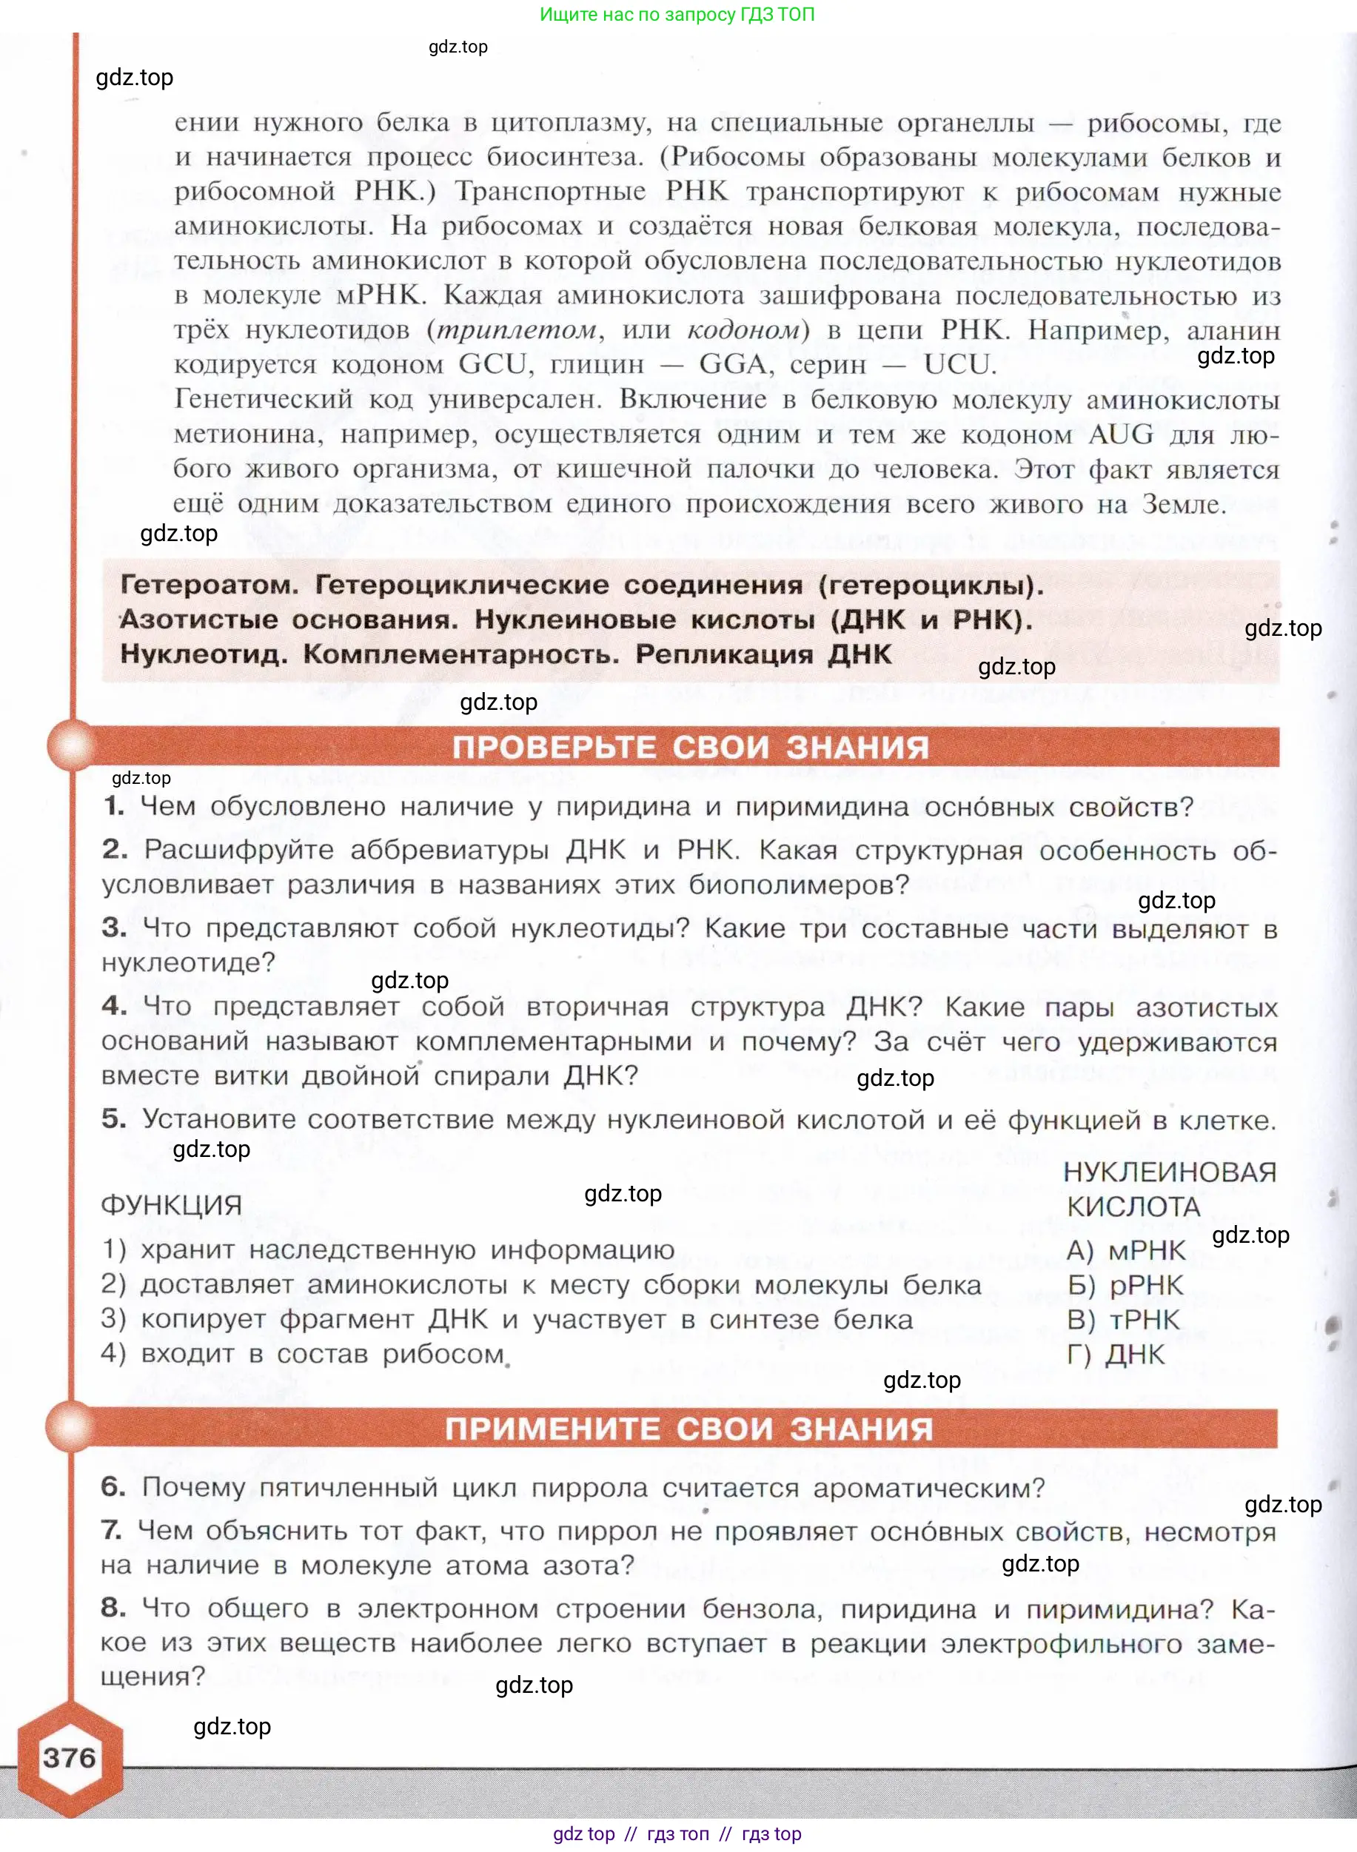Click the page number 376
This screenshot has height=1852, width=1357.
click(69, 1757)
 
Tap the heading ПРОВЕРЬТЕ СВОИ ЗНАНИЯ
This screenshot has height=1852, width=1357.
click(690, 748)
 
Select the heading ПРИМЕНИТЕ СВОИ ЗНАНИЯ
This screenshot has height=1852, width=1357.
click(688, 1429)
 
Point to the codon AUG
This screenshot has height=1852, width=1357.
click(1120, 434)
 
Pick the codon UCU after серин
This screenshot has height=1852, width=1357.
click(959, 364)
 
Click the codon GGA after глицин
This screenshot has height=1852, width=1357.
click(734, 364)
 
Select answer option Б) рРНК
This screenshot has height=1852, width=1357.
click(1125, 1284)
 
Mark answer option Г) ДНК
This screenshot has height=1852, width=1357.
click(1116, 1355)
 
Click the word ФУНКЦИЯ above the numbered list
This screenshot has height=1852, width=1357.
click(171, 1205)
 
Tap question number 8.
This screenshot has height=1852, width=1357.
click(113, 1607)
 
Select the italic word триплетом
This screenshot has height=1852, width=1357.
click(517, 330)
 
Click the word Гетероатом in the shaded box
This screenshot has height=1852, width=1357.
click(209, 585)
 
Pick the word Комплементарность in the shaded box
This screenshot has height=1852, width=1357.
click(460, 654)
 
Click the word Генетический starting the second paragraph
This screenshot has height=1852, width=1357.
click(263, 399)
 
